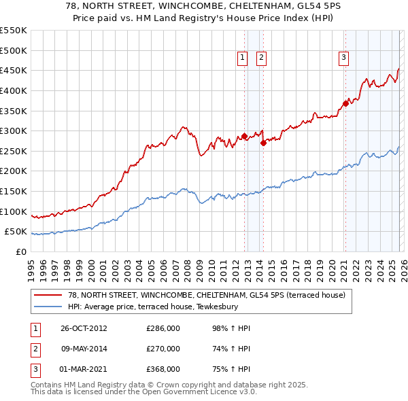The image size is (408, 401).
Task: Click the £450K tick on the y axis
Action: tap(14, 70)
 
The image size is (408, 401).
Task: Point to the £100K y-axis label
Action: tap(14, 211)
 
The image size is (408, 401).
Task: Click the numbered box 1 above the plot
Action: tap(242, 58)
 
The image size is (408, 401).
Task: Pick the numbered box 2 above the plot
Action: tap(261, 58)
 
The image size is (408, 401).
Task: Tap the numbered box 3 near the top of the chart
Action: tap(344, 58)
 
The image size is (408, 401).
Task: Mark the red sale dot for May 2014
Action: tap(263, 143)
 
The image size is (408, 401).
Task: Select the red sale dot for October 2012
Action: tap(245, 136)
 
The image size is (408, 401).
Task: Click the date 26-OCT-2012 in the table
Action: tap(83, 328)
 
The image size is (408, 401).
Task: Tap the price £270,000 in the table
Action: tap(163, 349)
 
